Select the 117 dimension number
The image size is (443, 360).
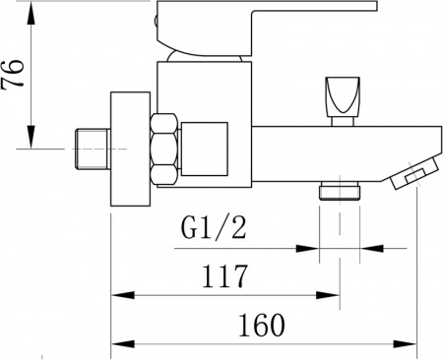click(224, 276)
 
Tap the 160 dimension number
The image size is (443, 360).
click(260, 324)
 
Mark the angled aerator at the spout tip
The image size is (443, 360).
click(411, 174)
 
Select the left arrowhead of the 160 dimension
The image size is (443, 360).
click(118, 343)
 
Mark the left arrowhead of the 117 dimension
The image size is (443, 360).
click(118, 294)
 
